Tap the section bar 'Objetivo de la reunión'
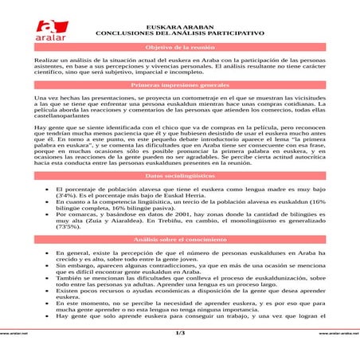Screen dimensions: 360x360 (180, 49)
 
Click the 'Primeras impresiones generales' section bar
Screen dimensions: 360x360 (180, 84)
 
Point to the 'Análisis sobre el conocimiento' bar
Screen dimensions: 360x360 (180, 238)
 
